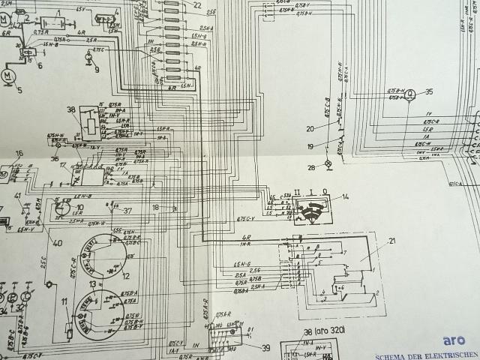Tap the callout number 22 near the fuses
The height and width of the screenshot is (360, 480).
(197, 5)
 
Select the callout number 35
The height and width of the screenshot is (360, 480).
(429, 92)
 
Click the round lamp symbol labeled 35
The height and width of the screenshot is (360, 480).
(411, 96)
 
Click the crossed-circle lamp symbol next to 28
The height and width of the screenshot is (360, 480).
(328, 163)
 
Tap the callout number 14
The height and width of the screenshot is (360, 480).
(346, 196)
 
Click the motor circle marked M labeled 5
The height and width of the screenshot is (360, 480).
(9, 77)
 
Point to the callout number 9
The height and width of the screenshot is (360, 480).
(97, 70)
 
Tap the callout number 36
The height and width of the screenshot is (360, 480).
(55, 158)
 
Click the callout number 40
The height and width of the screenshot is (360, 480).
(57, 241)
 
